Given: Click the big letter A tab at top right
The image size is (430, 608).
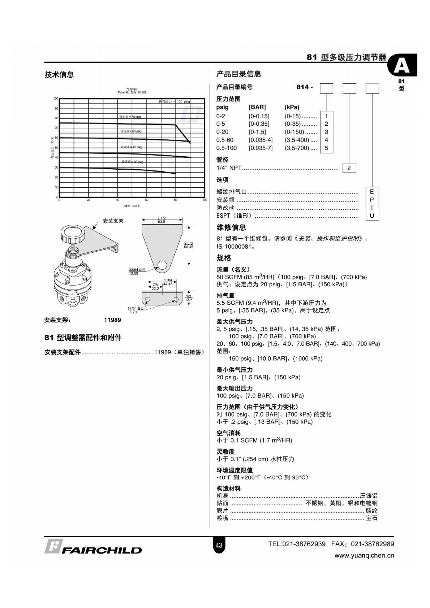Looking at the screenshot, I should pos(402,66).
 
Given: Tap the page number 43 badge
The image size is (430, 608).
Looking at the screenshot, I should pos(219,545).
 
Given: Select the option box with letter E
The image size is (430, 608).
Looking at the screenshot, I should pos(372,192).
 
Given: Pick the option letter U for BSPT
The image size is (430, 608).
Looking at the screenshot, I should pos(372,216).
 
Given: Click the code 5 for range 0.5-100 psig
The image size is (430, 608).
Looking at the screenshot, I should pos(326,148).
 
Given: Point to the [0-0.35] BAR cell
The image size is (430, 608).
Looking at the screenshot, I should pos(259,124).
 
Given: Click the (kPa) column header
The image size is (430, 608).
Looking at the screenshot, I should pos(292,107).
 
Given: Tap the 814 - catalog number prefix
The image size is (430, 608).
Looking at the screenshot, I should pos(305,87).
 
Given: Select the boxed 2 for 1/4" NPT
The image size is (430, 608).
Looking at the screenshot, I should pos(349,168).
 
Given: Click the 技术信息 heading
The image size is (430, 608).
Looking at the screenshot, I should pos(59,75).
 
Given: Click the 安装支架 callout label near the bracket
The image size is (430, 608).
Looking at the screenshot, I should pos(113,221).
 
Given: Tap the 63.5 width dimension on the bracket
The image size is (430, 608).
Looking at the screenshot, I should pos(161,222).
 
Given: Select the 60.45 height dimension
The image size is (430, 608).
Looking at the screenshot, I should pos(189,247).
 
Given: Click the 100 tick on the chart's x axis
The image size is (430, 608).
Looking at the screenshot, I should pos(205,200).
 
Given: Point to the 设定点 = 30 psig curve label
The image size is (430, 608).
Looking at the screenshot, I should pos(133,162).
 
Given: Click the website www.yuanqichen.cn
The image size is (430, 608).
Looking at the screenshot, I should pos(364,556).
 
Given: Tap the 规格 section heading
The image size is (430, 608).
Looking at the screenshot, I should pos(224,258).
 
